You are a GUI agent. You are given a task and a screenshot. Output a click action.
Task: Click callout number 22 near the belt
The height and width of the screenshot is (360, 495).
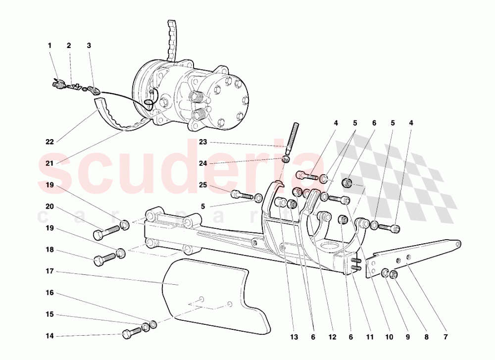[x=49, y=142]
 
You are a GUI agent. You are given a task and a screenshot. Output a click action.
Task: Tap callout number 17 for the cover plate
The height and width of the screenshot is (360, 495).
[x=49, y=271]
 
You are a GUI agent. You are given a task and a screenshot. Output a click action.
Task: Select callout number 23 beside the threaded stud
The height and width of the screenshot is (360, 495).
[x=202, y=142]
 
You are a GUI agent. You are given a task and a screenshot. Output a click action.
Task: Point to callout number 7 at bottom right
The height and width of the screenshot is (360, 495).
[x=445, y=337]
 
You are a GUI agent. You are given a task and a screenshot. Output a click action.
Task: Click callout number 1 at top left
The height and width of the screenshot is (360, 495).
[x=49, y=46]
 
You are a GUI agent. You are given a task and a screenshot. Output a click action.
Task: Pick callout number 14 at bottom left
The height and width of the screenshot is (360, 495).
[x=49, y=336]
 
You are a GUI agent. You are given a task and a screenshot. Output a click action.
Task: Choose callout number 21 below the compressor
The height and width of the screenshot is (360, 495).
[x=49, y=163]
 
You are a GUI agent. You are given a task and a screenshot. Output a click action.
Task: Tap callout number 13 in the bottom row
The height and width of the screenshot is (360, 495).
[x=294, y=337]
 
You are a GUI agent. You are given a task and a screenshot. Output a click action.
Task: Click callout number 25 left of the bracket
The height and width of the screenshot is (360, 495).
[x=202, y=185]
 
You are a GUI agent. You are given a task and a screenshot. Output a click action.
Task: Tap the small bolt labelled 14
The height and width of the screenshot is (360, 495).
[x=132, y=333]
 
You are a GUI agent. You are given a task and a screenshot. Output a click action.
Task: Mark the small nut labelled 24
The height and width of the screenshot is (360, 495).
[x=286, y=158]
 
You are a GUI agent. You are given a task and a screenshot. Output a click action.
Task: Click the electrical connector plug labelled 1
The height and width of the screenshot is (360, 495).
[x=57, y=83]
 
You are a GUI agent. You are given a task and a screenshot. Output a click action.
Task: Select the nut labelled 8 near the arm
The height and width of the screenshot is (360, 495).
[x=394, y=274]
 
